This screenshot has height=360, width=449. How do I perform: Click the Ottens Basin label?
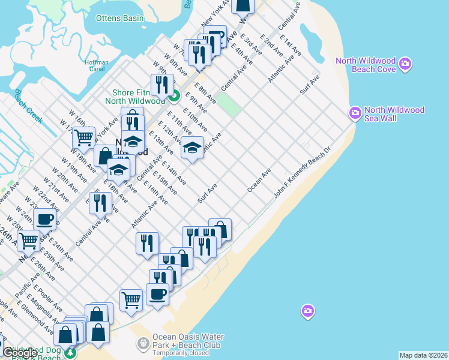pyautogui.click(x=120, y=18)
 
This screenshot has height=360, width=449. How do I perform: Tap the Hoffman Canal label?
pyautogui.click(x=97, y=65)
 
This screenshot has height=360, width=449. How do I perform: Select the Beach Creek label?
pyautogui.click(x=29, y=106)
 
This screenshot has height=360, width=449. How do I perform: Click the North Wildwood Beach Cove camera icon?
pyautogui.click(x=406, y=64)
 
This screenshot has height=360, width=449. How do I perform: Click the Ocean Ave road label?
pyautogui.click(x=259, y=180)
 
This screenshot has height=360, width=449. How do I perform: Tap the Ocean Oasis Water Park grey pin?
pyautogui.click(x=143, y=344)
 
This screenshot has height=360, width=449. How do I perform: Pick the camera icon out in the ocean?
pyautogui.click(x=307, y=311)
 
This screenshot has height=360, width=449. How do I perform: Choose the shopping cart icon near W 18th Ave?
pyautogui.click(x=83, y=137)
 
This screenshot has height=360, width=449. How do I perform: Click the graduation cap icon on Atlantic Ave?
pyautogui.click(x=192, y=148)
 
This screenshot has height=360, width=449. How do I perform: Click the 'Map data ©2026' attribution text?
pyautogui.click(x=424, y=355)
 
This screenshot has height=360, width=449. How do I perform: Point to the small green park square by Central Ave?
pyautogui.click(x=228, y=105)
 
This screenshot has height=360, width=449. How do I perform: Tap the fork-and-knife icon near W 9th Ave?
pyautogui.click(x=161, y=85)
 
